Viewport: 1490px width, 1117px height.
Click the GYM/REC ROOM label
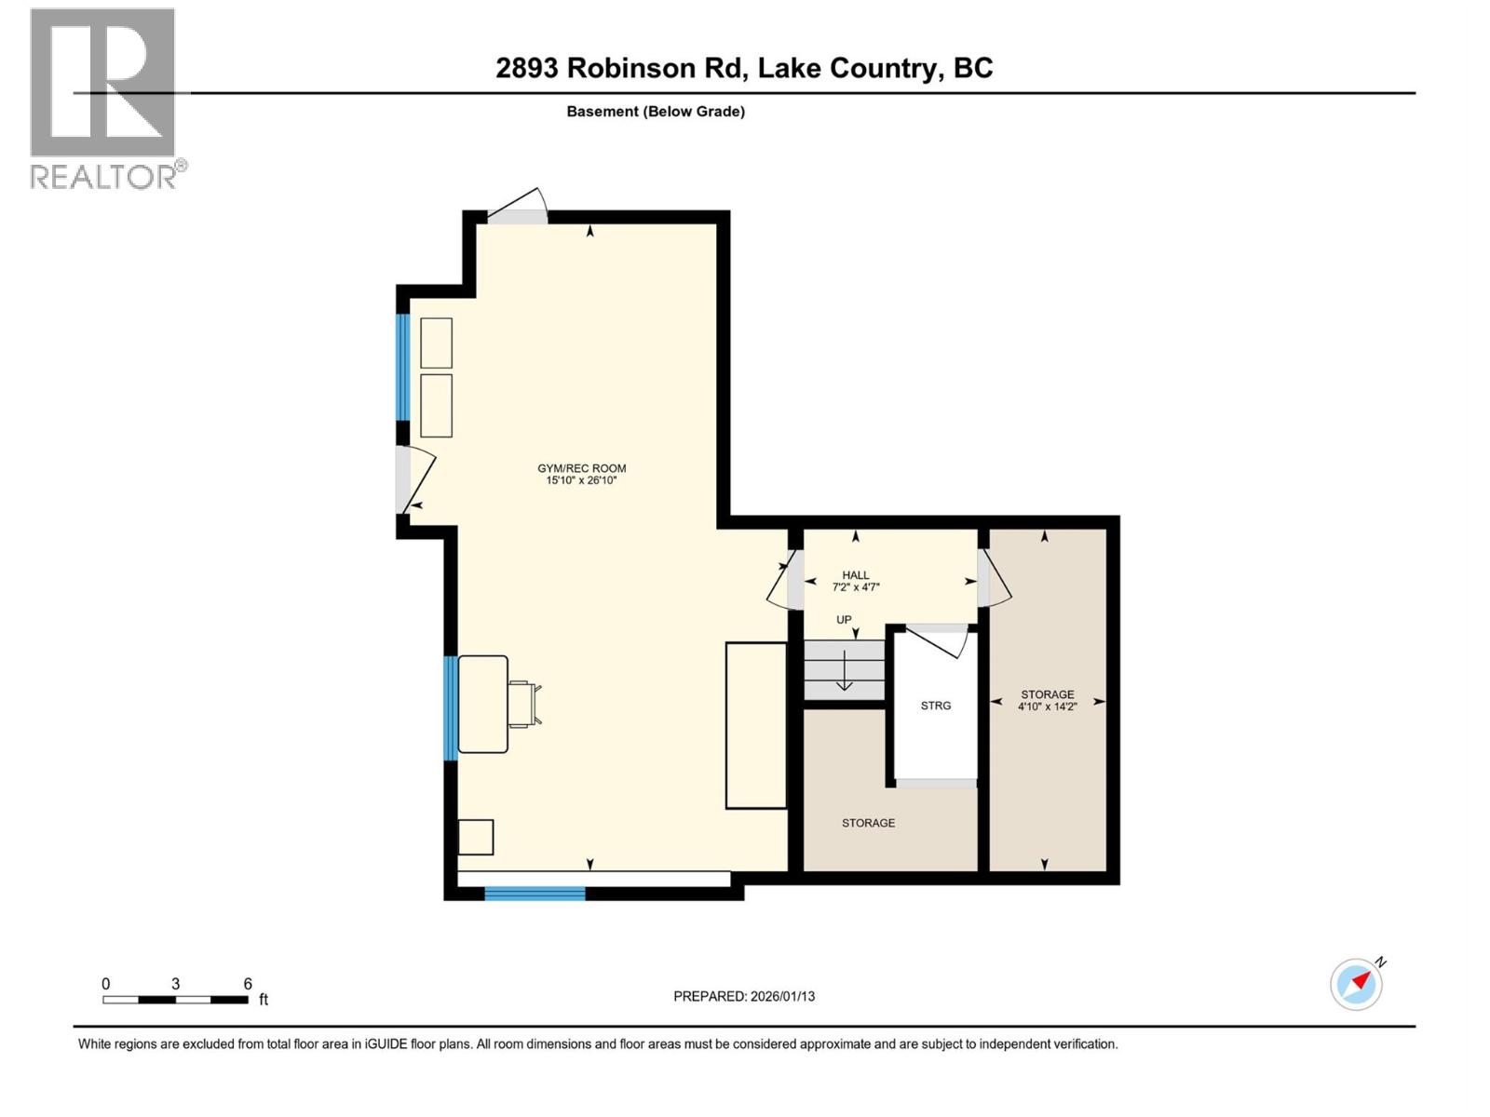pyautogui.click(x=581, y=468)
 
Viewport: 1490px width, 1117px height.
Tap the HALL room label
pyautogui.click(x=855, y=575)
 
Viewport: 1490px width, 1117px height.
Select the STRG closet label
pyautogui.click(x=935, y=706)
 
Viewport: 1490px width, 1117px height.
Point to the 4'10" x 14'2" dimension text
pyautogui.click(x=1047, y=707)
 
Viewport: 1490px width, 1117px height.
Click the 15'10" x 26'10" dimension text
pyautogui.click(x=581, y=481)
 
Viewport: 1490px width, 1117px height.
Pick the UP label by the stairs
pyautogui.click(x=844, y=620)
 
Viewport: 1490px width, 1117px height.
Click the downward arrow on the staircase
pyautogui.click(x=844, y=671)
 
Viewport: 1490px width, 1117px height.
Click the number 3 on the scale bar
pyautogui.click(x=175, y=984)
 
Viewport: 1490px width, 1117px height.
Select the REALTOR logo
pyautogui.click(x=103, y=98)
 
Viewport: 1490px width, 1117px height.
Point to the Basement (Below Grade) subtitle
pyautogui.click(x=656, y=112)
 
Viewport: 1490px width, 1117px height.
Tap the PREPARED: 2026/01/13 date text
pyautogui.click(x=744, y=996)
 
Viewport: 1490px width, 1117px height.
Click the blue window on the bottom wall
pyautogui.click(x=535, y=894)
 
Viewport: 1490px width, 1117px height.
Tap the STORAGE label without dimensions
pyautogui.click(x=868, y=823)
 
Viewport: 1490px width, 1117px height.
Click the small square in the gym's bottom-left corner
pyautogui.click(x=476, y=837)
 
